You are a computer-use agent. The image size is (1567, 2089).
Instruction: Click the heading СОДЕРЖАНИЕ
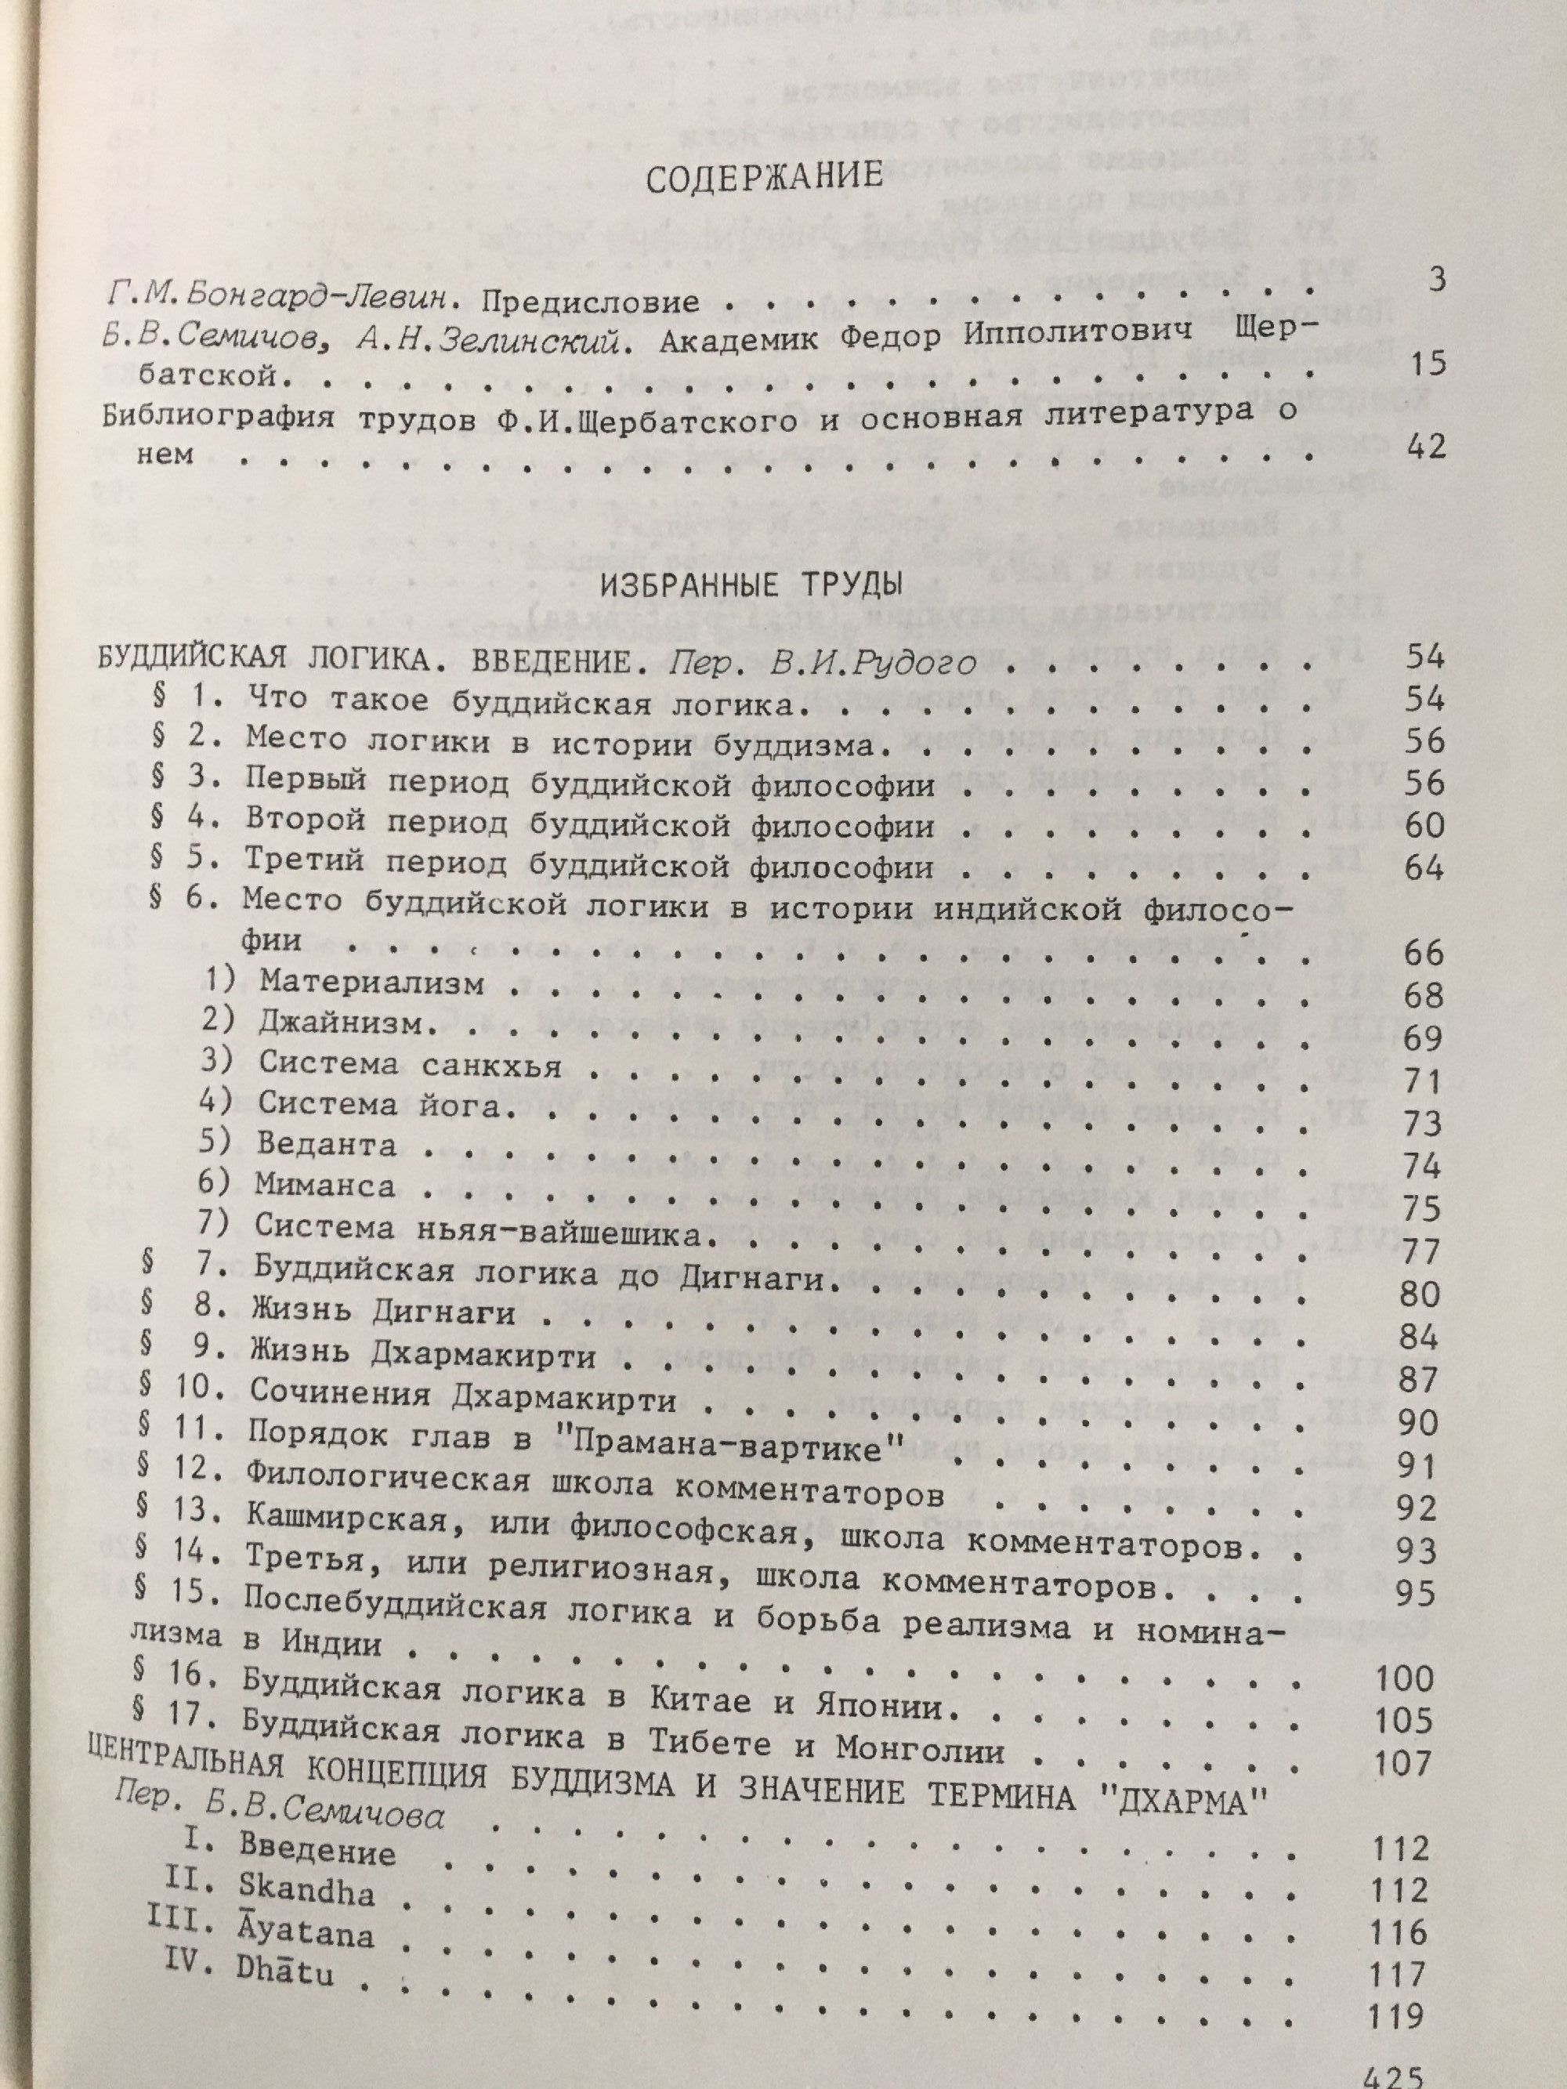pyautogui.click(x=764, y=179)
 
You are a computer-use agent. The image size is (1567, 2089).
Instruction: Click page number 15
pyautogui.click(x=1425, y=364)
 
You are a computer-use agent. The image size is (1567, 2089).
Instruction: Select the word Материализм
pyautogui.click(x=372, y=981)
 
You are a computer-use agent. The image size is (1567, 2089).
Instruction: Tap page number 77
pyautogui.click(x=1419, y=1252)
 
